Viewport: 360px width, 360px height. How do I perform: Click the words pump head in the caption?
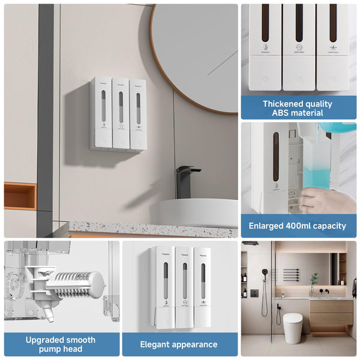[x=61, y=349]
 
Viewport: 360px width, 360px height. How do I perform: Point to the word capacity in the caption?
[x=327, y=226]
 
